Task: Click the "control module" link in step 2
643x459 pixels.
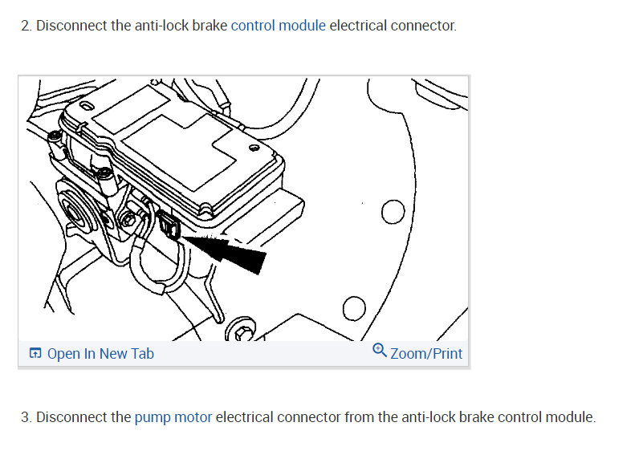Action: click(278, 25)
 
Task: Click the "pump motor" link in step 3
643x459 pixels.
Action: click(173, 416)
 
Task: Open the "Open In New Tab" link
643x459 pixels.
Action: click(100, 353)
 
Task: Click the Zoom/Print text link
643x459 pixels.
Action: click(426, 353)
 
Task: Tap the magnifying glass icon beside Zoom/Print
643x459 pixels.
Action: click(380, 351)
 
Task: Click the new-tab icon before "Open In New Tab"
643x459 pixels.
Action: click(35, 353)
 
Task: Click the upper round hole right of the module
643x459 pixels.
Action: click(393, 212)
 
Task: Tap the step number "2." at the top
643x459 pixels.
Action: click(26, 25)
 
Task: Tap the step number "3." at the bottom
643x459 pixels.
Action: click(26, 416)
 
